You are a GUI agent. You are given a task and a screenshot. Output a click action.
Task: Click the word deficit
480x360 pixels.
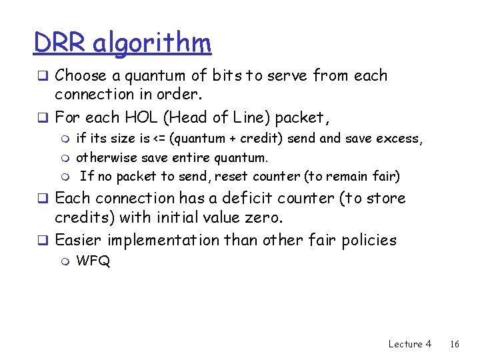[269, 198]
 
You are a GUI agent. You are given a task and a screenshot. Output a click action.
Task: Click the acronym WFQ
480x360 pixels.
[93, 261]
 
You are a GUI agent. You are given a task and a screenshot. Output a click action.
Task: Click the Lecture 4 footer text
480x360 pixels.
[409, 344]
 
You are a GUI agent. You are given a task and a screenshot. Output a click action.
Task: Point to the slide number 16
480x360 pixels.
[455, 344]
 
